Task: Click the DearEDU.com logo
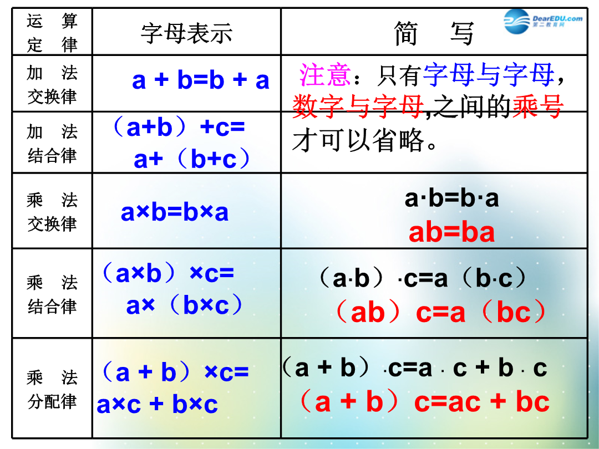pos(543,22)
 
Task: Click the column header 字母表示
pos(186,33)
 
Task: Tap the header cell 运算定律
pos(52,33)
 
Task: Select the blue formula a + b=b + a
pos(201,80)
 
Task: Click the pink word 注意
pos(324,75)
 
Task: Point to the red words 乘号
pos(537,106)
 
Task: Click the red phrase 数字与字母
pos(358,106)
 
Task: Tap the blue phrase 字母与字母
pos(489,74)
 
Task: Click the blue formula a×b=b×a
pos(175,212)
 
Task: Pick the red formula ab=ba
pos(451,232)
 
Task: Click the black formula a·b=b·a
pos(451,198)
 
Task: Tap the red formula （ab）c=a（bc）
pos(440,312)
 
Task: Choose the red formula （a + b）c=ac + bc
pos(424,402)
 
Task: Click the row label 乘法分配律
pos(52,390)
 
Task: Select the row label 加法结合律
pos(52,144)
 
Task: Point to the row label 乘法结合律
pos(52,294)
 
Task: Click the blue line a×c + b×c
pos(157,404)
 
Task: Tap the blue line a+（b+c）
pos(192,159)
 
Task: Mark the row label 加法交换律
pos(52,84)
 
